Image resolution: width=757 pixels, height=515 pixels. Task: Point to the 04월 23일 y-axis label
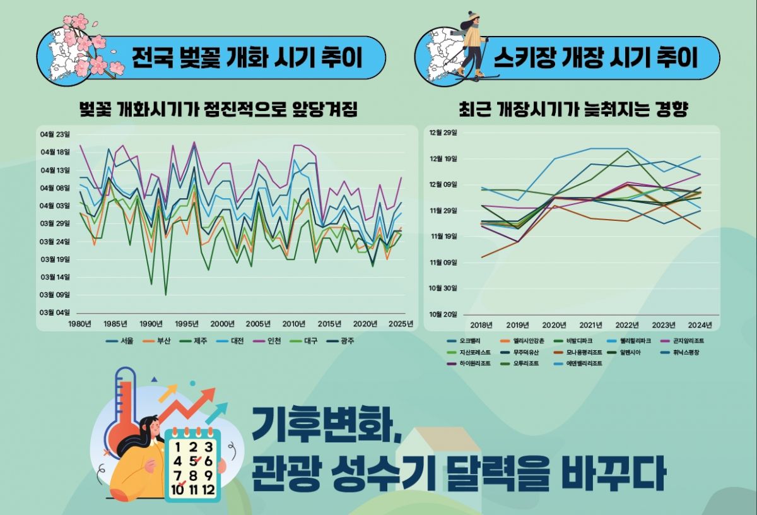click(x=56, y=134)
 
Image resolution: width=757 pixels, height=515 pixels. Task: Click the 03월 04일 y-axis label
click(x=56, y=312)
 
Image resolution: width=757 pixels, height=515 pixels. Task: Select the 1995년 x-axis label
click(x=187, y=324)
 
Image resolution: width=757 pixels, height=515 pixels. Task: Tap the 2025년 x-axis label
click(x=401, y=324)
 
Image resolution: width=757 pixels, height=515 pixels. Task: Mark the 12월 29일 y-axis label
click(x=443, y=133)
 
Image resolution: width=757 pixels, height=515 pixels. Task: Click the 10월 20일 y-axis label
click(x=443, y=314)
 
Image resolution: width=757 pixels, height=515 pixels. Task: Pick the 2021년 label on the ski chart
click(x=591, y=326)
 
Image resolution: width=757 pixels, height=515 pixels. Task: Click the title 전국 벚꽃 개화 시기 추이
click(x=247, y=58)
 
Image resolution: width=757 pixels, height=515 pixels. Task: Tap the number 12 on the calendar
click(x=209, y=489)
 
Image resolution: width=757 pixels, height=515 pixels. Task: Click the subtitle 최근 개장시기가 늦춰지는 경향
click(x=573, y=110)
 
